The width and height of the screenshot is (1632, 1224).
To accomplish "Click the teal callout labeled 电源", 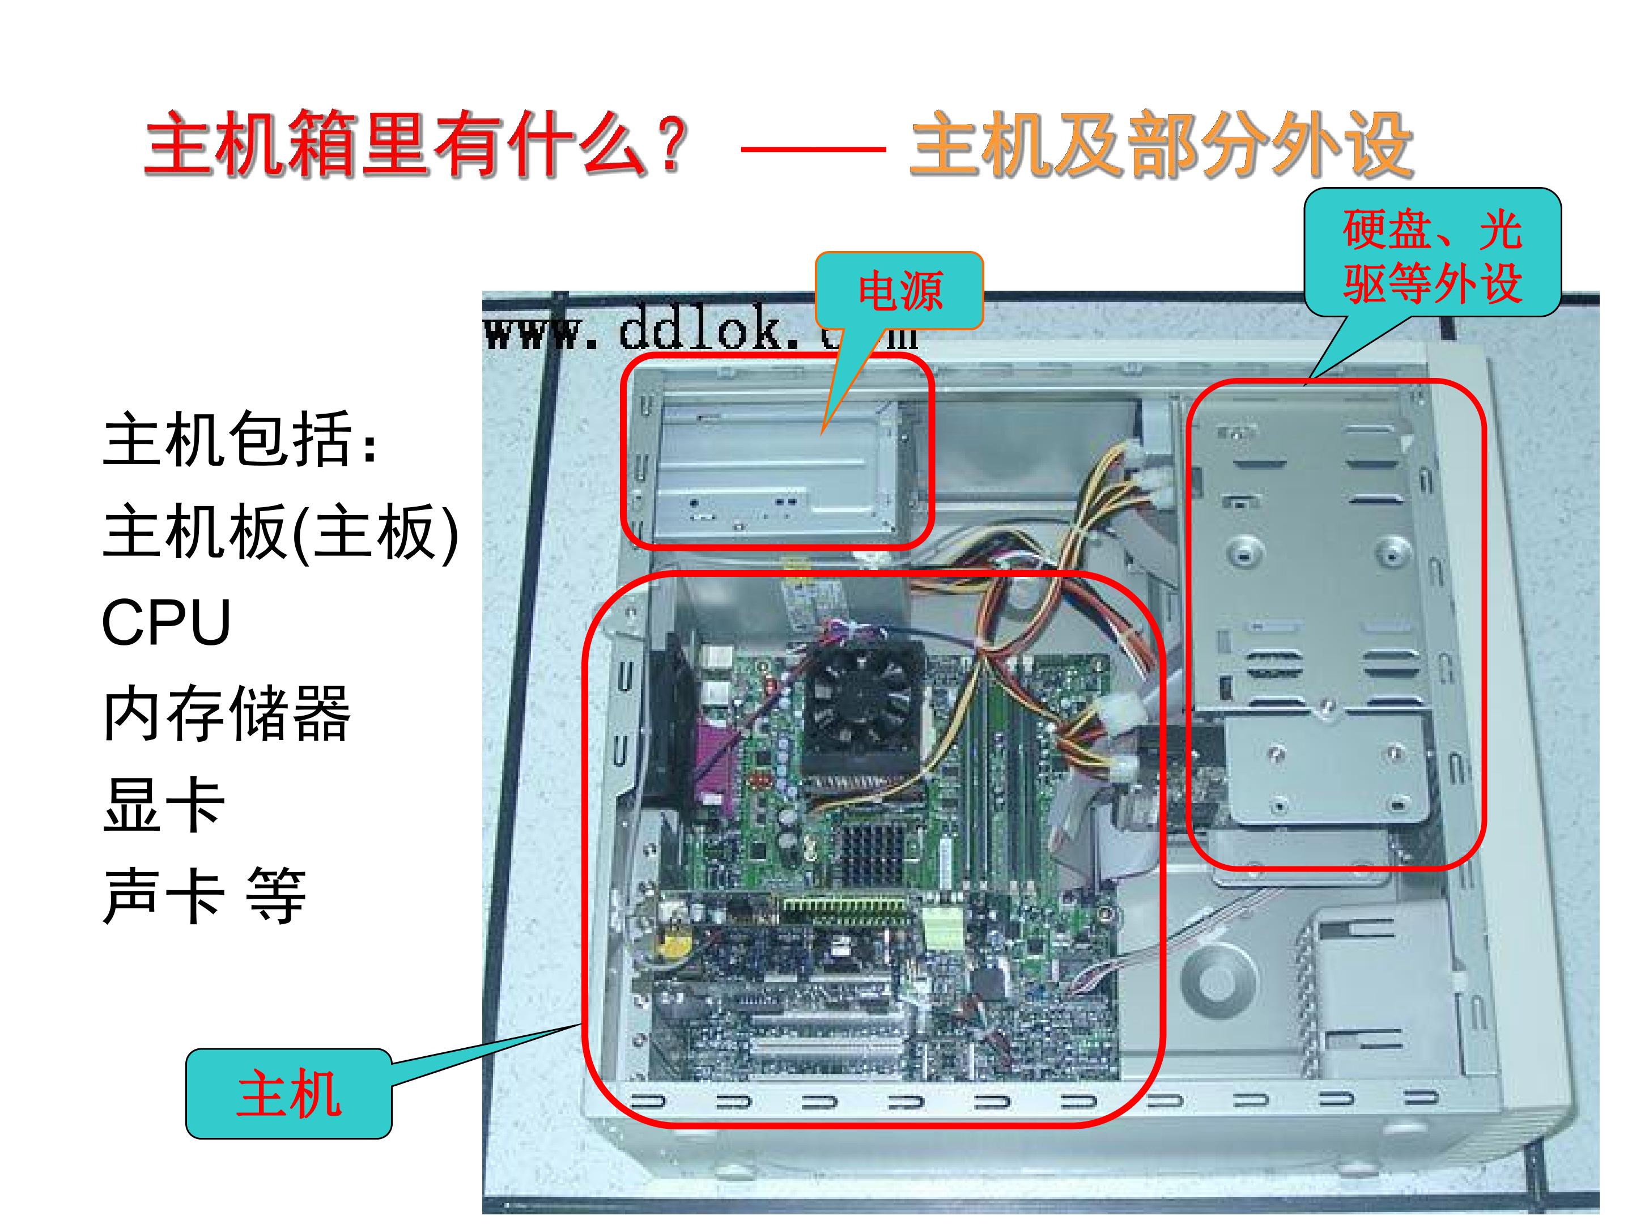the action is (899, 291).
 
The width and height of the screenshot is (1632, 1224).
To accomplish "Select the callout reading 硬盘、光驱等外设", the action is (1432, 252).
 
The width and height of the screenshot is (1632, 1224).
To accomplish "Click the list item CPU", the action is (167, 622).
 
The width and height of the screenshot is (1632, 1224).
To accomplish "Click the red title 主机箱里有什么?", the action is (417, 144).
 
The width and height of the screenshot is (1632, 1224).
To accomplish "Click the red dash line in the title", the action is (813, 149).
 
